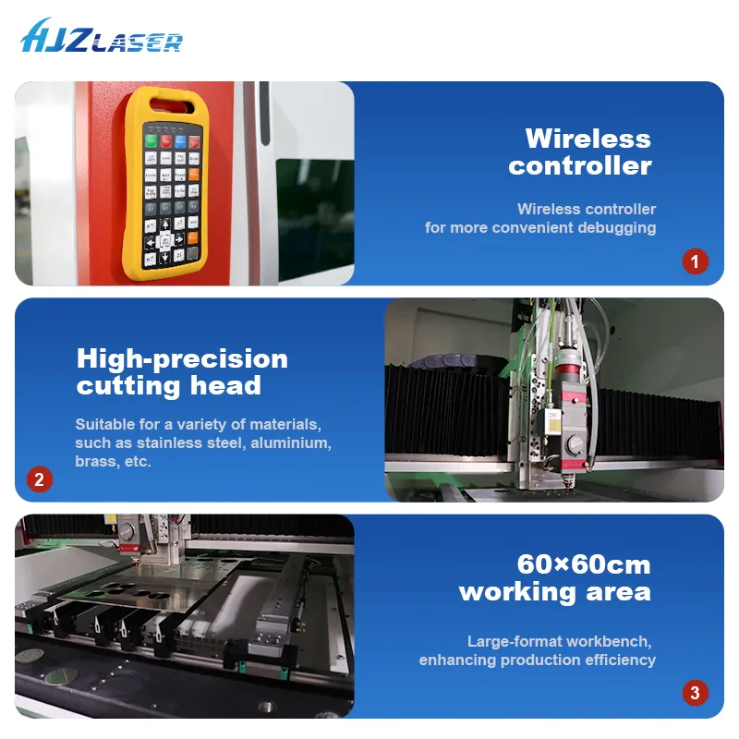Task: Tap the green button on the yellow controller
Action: coord(151,141)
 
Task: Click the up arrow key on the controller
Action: coord(165,224)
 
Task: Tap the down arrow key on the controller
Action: coord(165,257)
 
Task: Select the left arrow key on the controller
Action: coord(150,242)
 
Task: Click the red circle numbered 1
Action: coord(696,260)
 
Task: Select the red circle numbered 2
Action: coord(39,479)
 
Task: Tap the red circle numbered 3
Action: coord(696,692)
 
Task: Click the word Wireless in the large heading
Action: coord(588,139)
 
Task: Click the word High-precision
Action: coord(182,358)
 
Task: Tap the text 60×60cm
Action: coord(583,564)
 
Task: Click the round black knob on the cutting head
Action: coord(575,443)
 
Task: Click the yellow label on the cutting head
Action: coord(555,424)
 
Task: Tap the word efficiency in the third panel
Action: coord(620,660)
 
